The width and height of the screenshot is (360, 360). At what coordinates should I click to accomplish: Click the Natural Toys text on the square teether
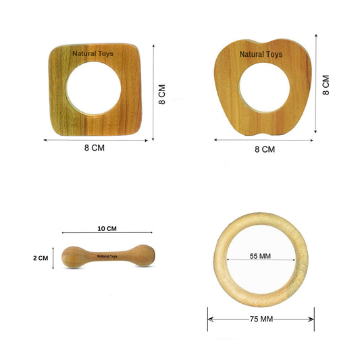pyautogui.click(x=93, y=54)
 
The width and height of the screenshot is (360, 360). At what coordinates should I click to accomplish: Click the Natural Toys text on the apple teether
pyautogui.click(x=261, y=55)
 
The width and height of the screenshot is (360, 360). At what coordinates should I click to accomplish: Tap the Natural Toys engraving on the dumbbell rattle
pyautogui.click(x=107, y=256)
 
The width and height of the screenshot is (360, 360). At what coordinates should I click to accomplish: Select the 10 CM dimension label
pyautogui.click(x=107, y=229)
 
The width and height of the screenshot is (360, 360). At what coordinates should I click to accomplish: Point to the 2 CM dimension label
pyautogui.click(x=41, y=258)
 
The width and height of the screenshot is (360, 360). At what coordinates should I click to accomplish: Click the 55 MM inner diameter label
pyautogui.click(x=260, y=256)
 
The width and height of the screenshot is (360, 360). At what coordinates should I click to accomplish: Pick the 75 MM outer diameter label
pyautogui.click(x=261, y=319)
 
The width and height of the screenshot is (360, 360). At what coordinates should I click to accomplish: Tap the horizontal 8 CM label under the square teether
pyautogui.click(x=95, y=148)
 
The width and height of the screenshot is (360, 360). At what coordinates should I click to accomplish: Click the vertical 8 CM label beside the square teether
pyautogui.click(x=162, y=95)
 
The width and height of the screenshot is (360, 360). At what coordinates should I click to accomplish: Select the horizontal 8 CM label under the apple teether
pyautogui.click(x=265, y=149)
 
